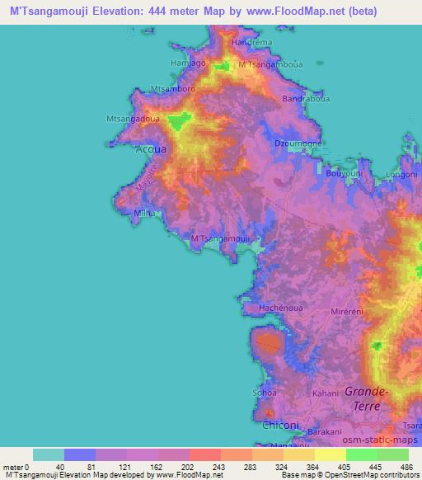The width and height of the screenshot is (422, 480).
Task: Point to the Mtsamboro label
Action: [x=172, y=88]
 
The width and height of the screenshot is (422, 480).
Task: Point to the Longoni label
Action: [x=401, y=174]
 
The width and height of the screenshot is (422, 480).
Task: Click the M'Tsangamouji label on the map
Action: [x=221, y=239]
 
